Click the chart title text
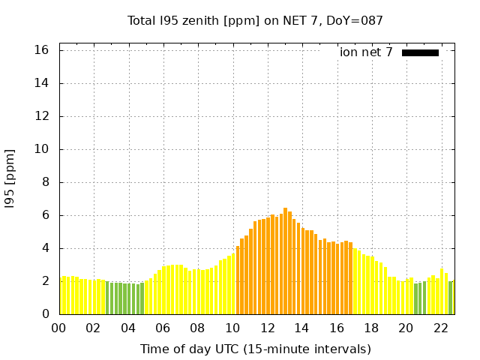[x=255, y=20]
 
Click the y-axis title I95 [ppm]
[x=10, y=178]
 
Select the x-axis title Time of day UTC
[x=255, y=349]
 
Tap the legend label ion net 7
[x=366, y=52]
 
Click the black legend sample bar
[x=420, y=52]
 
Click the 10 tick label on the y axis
[x=41, y=149]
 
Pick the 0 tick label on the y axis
[x=45, y=314]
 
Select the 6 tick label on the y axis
[x=45, y=215]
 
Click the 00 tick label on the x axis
[x=59, y=328]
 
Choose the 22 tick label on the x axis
[x=441, y=328]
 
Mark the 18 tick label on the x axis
[x=372, y=328]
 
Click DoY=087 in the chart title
[x=353, y=20]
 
